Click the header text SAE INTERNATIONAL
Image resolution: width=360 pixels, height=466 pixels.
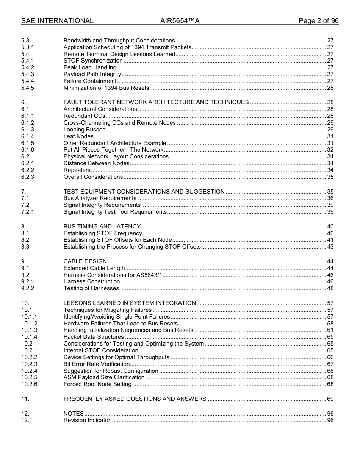click(x=57, y=21)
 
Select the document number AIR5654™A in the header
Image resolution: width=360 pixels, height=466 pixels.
click(x=180, y=21)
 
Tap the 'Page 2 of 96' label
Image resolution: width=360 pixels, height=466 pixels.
click(x=318, y=21)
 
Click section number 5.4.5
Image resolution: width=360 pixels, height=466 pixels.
click(x=28, y=88)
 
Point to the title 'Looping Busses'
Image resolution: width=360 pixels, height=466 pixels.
click(x=84, y=130)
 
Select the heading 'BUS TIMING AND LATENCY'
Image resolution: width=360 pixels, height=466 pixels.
click(x=102, y=227)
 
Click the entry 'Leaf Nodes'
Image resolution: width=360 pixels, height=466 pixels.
click(x=78, y=136)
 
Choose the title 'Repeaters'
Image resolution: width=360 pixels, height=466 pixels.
click(x=77, y=170)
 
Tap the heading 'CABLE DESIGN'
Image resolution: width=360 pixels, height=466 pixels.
click(x=85, y=261)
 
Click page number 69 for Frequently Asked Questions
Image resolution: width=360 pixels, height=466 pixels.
click(x=330, y=399)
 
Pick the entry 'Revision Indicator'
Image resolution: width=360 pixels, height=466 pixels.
click(x=87, y=420)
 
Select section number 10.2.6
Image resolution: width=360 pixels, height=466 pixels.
click(x=29, y=385)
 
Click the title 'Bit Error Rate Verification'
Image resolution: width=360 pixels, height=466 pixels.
click(x=97, y=364)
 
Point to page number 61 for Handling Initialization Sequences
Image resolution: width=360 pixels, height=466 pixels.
click(x=330, y=330)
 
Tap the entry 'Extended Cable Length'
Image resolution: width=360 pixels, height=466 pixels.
click(x=94, y=268)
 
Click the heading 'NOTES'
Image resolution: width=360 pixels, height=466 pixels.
click(x=74, y=414)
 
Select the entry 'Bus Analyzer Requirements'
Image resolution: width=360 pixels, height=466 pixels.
click(x=100, y=198)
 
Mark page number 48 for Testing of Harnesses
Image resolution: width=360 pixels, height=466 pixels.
click(x=330, y=288)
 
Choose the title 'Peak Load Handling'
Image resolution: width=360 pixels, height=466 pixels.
click(x=90, y=67)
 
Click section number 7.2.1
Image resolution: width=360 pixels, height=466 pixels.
click(x=28, y=212)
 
